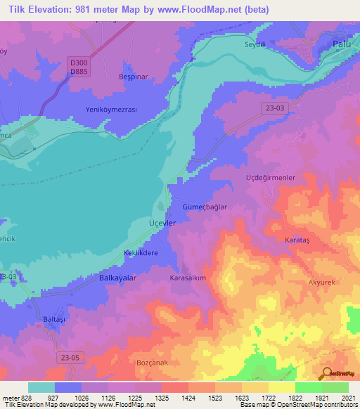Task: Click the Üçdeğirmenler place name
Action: (x=269, y=178)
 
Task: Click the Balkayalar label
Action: (x=117, y=278)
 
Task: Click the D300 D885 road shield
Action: (x=79, y=67)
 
